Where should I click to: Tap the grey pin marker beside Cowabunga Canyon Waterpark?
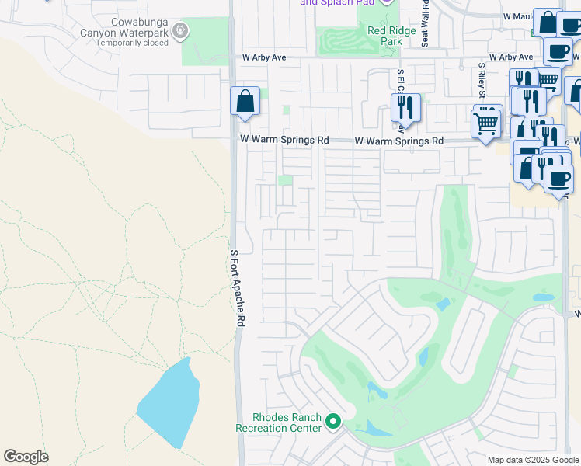pos(180,32)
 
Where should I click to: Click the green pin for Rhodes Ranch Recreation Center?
pos(333,423)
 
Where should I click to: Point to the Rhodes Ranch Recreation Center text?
pos(278,423)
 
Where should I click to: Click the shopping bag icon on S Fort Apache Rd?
pos(245,102)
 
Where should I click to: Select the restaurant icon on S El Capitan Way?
pos(406,109)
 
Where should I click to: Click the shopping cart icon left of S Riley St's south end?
pos(486,123)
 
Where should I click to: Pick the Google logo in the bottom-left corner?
pos(26,457)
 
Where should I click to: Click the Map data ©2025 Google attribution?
pos(533,460)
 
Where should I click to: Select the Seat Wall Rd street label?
pos(426,24)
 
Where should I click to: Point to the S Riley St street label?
pos(482,78)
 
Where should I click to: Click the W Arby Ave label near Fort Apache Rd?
pos(265,57)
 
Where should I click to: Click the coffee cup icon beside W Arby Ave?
pos(557,52)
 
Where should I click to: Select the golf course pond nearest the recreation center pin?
pos(374,429)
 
